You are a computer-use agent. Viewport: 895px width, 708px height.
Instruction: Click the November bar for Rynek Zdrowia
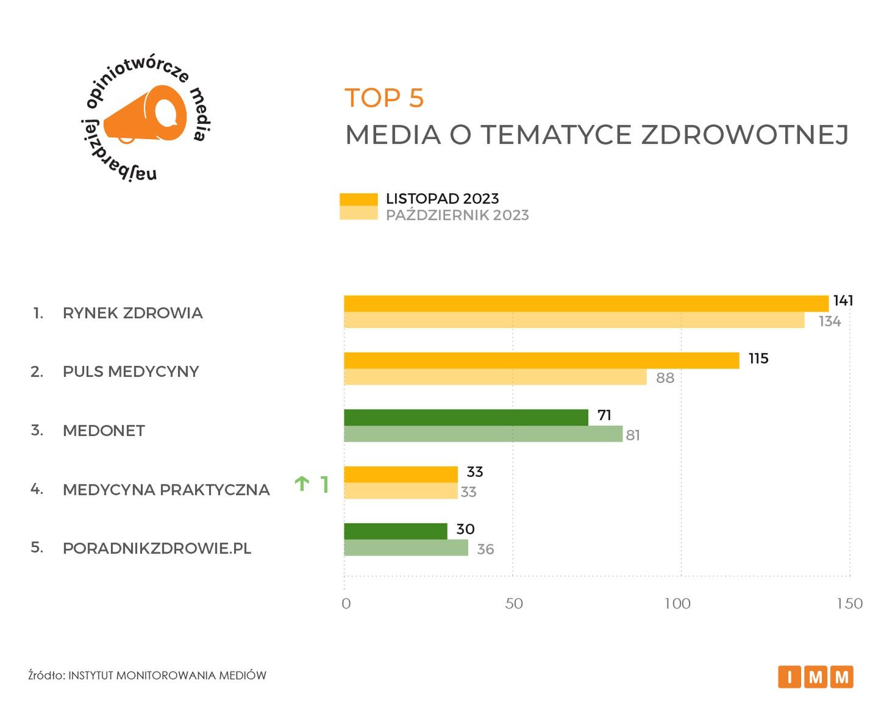[585, 303]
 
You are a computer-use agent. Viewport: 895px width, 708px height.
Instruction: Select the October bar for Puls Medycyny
[495, 377]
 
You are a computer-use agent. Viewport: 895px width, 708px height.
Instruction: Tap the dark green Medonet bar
[466, 417]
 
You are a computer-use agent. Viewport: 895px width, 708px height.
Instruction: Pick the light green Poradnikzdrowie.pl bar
[405, 548]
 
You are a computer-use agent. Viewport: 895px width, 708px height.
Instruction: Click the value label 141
[843, 301]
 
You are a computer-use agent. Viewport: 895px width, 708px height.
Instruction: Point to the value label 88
[665, 378]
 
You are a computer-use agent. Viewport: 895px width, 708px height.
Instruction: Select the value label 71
[604, 415]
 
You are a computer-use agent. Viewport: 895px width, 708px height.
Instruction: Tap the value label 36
[485, 549]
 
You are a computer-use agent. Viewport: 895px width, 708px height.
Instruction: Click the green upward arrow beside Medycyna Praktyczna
[301, 484]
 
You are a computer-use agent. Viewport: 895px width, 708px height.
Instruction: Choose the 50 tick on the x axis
[514, 604]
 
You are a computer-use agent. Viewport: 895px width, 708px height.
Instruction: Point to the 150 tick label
[849, 604]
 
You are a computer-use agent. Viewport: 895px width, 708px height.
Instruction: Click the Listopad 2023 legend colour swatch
[358, 199]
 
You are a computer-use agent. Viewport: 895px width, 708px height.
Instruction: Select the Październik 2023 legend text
[457, 215]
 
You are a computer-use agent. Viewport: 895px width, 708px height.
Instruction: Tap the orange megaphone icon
[146, 116]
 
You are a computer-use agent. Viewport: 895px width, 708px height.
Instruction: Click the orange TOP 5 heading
[384, 98]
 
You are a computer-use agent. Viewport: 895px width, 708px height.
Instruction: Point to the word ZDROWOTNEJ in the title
[744, 135]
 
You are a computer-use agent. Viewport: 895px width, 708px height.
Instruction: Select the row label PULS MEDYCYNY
[131, 371]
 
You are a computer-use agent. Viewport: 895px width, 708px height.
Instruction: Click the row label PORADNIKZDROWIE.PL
[157, 548]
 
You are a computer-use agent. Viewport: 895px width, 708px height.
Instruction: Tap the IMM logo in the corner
[815, 676]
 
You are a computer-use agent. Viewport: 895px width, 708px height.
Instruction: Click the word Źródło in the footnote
[46, 675]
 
